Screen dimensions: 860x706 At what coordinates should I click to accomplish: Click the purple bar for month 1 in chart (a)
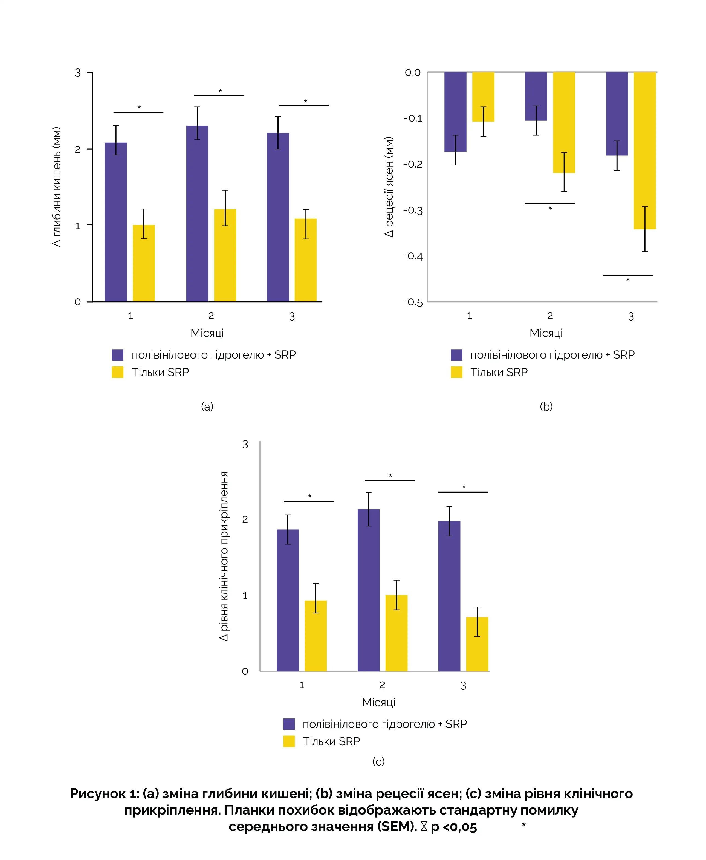116,222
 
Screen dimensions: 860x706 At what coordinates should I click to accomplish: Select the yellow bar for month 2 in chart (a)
225,255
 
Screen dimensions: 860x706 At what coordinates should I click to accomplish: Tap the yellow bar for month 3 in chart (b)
645,151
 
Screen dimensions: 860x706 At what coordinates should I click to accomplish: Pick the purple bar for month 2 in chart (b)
536,96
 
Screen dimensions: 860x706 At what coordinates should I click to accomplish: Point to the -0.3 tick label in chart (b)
413,210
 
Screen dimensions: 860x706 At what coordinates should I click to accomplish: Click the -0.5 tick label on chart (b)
413,302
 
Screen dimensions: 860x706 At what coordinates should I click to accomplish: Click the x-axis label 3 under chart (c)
463,686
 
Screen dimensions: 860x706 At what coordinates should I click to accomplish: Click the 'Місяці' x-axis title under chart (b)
546,333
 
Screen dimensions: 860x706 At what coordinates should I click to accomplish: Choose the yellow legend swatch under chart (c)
289,741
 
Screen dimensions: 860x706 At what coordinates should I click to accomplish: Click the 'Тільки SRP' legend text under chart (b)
499,372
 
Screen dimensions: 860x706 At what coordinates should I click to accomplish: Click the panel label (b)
546,406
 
